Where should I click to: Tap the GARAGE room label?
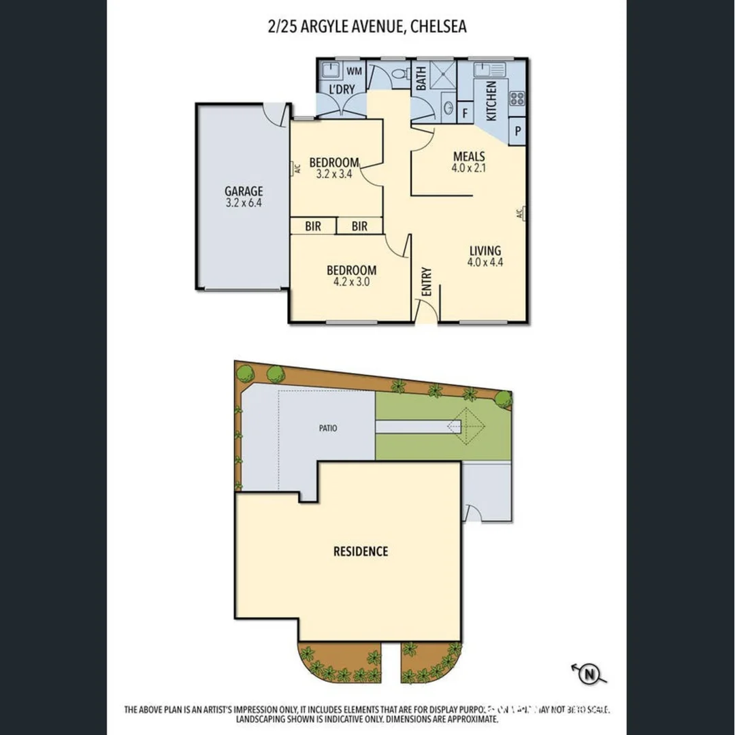tap(244, 191)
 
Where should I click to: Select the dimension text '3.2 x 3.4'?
tap(333, 174)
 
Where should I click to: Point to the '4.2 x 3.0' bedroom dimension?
tap(351, 282)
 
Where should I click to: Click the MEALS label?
tap(469, 157)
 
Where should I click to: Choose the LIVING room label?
tap(484, 250)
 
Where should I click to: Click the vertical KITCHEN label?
tap(491, 101)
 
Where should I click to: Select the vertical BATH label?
tap(421, 78)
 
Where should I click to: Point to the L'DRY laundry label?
tap(342, 89)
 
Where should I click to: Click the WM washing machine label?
tap(355, 71)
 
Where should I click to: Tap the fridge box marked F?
tap(465, 113)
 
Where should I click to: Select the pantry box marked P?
tap(518, 131)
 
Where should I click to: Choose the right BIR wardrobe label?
tap(359, 226)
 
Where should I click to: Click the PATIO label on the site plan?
tap(327, 429)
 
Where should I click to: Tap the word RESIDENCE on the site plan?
tap(360, 551)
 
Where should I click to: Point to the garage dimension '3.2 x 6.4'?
tap(244, 203)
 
